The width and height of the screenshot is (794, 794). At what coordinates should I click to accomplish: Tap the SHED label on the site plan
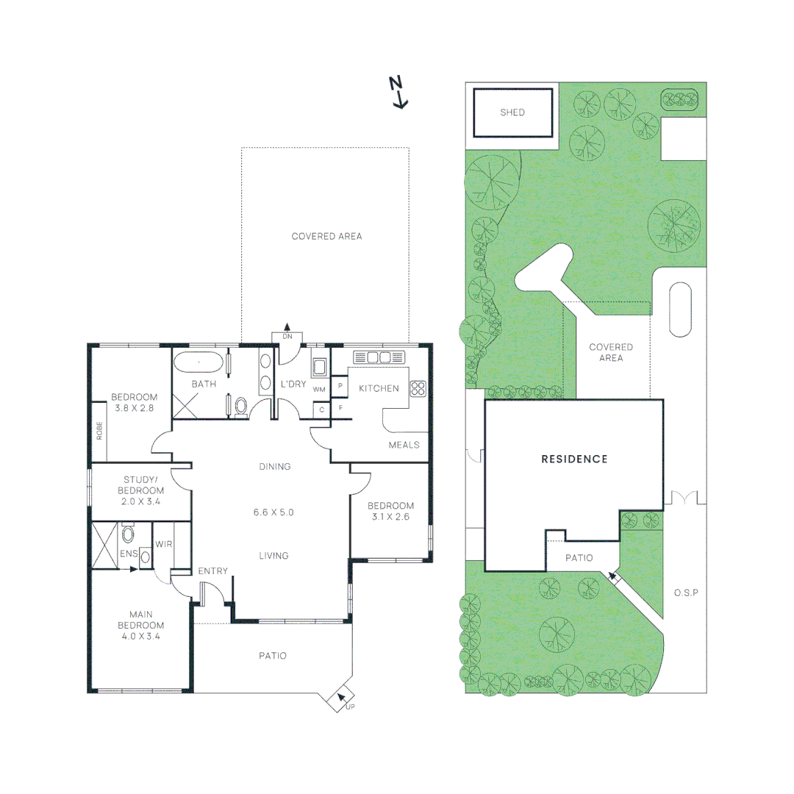tap(512, 112)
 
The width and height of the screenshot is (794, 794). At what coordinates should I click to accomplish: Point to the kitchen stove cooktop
tap(418, 389)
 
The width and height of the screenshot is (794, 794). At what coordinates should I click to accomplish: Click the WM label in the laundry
tap(319, 389)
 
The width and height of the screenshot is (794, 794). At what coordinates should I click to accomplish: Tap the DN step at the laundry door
tap(287, 335)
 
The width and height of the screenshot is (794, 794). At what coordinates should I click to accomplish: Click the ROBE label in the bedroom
tap(99, 430)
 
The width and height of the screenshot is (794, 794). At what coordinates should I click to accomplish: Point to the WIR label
tap(163, 546)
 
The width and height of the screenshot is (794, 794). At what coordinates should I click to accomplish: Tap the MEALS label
tap(404, 445)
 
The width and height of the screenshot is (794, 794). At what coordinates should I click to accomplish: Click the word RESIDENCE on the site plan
tap(574, 459)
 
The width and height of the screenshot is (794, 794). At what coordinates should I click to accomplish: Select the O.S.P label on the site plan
tap(684, 593)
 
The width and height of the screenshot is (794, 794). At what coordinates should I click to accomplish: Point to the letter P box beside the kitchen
tap(340, 386)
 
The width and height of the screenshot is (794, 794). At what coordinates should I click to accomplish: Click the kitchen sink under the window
tap(378, 357)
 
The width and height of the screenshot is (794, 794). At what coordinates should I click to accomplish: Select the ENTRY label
tap(213, 571)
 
